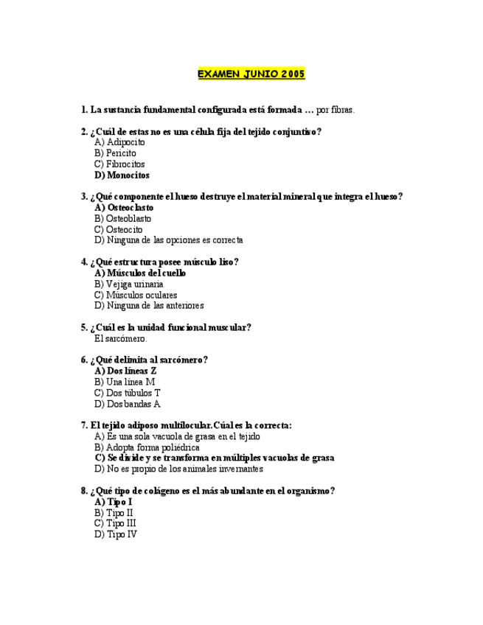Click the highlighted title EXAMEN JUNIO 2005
(251, 74)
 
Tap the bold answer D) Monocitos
(122, 175)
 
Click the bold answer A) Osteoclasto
(124, 208)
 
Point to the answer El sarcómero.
(121, 338)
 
